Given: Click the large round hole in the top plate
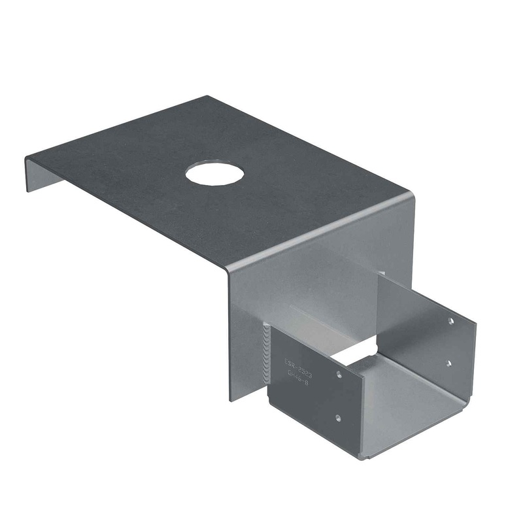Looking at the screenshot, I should (214, 173).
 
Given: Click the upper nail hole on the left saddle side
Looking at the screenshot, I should (339, 375).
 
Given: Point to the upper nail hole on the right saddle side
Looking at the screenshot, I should (450, 321).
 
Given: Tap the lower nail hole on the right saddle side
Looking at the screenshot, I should (448, 363).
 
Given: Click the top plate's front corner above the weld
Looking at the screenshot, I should (229, 268).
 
